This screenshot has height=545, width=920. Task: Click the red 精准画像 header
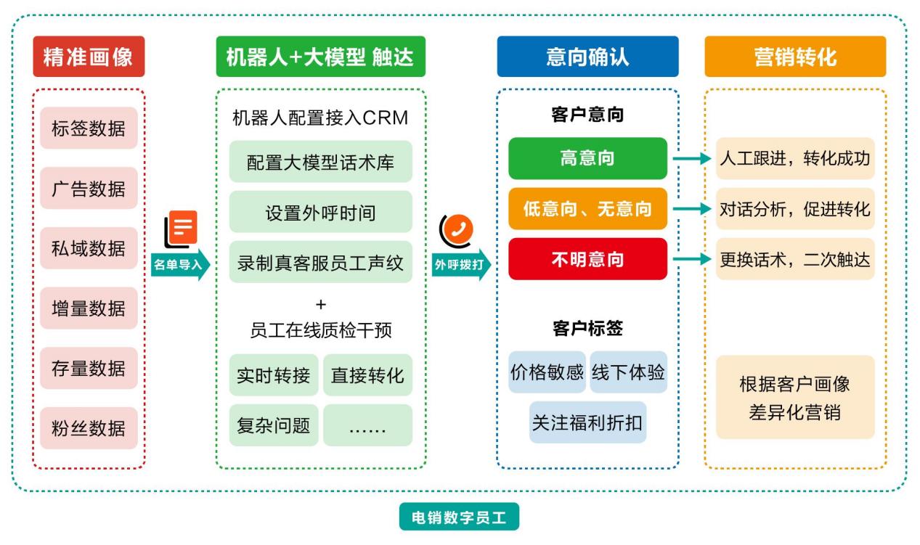point(89,57)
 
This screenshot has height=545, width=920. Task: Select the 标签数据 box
point(89,128)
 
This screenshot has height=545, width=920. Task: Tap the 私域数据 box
point(89,248)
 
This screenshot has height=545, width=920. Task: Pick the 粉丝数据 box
point(89,427)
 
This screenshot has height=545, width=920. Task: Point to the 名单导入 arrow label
point(179,265)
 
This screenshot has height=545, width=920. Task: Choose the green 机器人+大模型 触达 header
point(320,57)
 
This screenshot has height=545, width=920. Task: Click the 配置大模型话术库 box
point(320,162)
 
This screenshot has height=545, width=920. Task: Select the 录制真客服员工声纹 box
point(320,262)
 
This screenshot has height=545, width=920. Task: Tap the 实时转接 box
point(274,375)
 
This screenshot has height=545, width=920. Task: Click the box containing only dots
point(367,425)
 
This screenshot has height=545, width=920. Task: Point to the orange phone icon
point(457,230)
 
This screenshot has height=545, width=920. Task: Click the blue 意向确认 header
point(587,57)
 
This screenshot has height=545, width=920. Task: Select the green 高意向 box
point(587,158)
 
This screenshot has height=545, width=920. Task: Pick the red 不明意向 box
point(587,259)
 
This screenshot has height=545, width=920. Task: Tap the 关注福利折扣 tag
point(587,422)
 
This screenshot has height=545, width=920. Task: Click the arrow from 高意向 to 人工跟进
point(691,158)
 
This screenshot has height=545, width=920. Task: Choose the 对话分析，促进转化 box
point(795,209)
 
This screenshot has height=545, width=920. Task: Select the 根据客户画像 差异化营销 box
point(795,398)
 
